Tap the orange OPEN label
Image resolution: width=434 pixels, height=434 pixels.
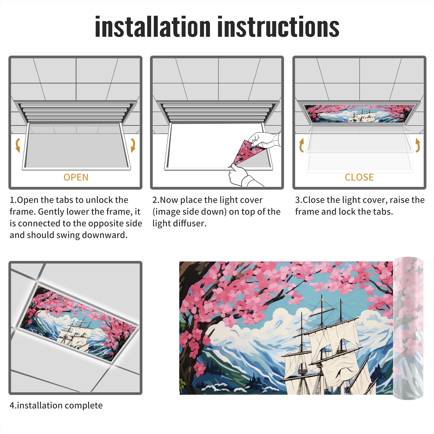(76, 177)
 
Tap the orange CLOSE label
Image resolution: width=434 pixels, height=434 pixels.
(359, 177)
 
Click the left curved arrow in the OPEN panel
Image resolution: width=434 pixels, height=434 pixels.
(18, 145)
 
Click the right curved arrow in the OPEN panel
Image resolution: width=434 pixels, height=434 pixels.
(133, 145)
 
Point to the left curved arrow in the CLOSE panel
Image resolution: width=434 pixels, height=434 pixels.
(301, 145)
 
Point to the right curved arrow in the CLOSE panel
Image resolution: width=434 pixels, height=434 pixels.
(417, 145)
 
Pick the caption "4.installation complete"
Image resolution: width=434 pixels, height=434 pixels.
(56, 405)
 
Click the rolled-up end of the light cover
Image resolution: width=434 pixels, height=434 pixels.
(408, 328)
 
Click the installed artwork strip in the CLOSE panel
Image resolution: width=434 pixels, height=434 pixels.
(359, 113)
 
